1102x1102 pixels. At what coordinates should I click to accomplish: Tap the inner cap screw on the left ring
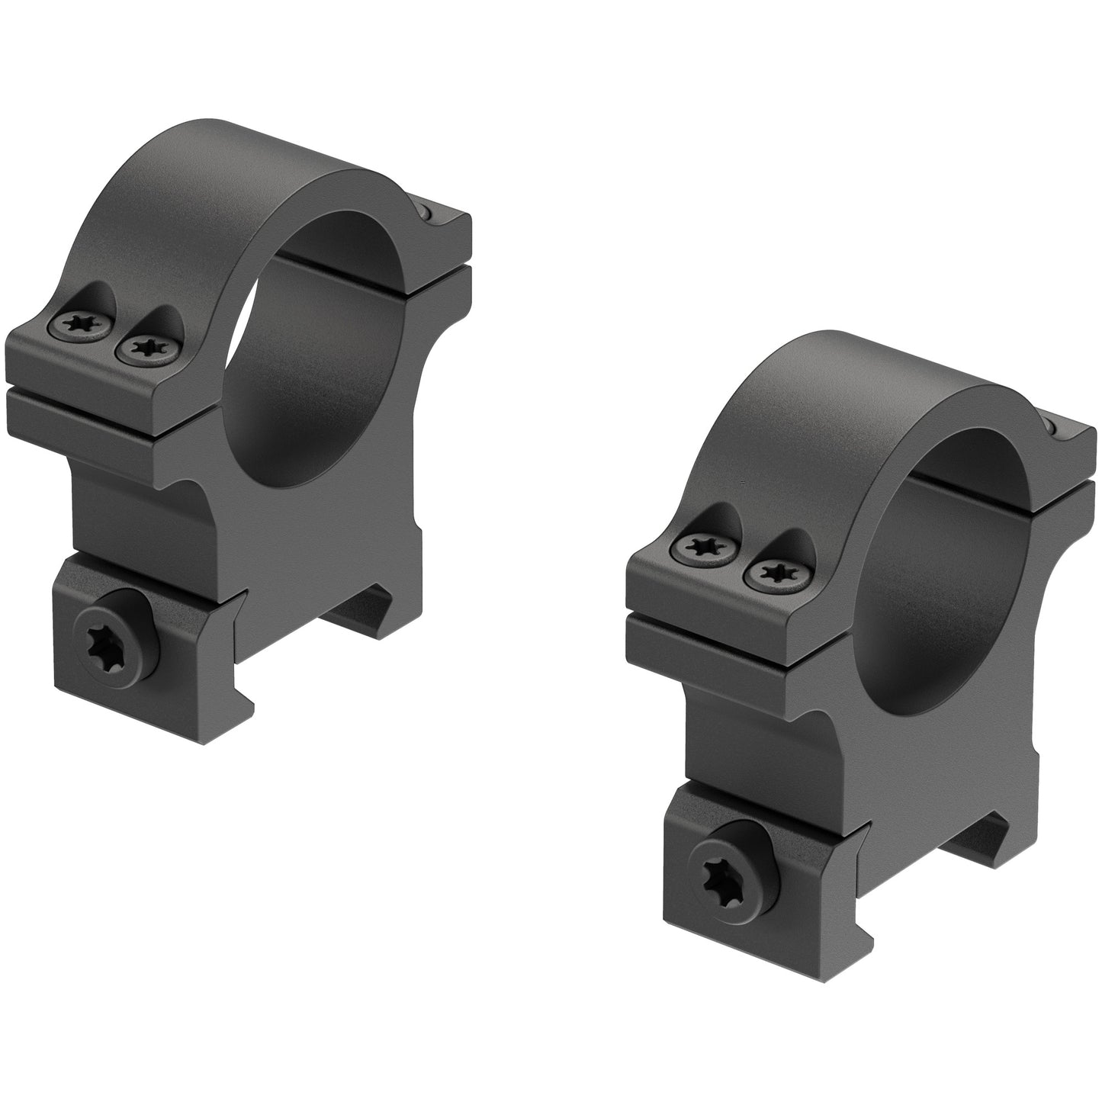[143, 349]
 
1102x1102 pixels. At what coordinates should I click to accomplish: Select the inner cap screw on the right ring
[765, 572]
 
